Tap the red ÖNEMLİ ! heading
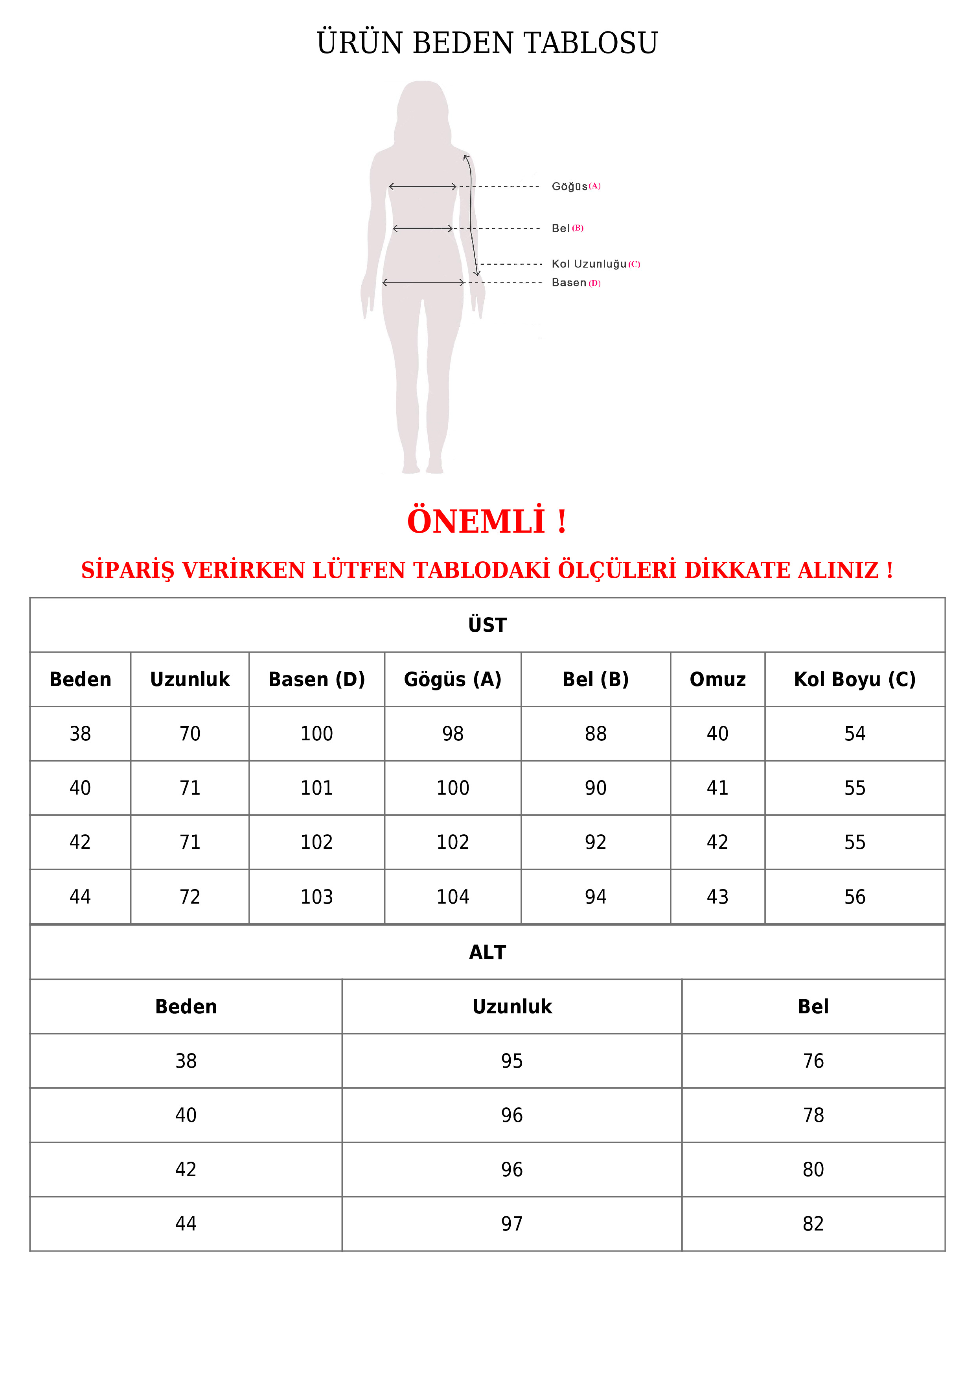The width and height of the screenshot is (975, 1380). point(487,521)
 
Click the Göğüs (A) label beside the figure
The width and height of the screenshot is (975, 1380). point(576,186)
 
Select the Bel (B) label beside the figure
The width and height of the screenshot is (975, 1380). point(567,229)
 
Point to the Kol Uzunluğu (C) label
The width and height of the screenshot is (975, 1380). point(595,264)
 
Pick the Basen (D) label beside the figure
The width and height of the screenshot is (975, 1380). point(576,282)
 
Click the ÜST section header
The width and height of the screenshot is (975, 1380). point(487,625)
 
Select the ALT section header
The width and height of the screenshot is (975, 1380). point(487,953)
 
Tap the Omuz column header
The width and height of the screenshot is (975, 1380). point(717,679)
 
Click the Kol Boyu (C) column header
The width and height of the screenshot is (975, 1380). point(854,679)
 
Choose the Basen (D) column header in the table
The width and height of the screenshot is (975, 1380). point(316,679)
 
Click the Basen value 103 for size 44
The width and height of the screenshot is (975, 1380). point(316,897)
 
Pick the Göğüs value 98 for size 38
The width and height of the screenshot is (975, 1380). point(453,734)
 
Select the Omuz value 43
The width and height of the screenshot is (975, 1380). point(717,897)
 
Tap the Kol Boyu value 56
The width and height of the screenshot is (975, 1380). point(854,897)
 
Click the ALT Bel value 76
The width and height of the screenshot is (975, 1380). point(813,1061)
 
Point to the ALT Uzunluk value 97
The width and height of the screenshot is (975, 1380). point(512,1224)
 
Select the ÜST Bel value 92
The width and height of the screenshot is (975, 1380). point(595,842)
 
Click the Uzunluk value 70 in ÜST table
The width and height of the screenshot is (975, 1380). point(190,734)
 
